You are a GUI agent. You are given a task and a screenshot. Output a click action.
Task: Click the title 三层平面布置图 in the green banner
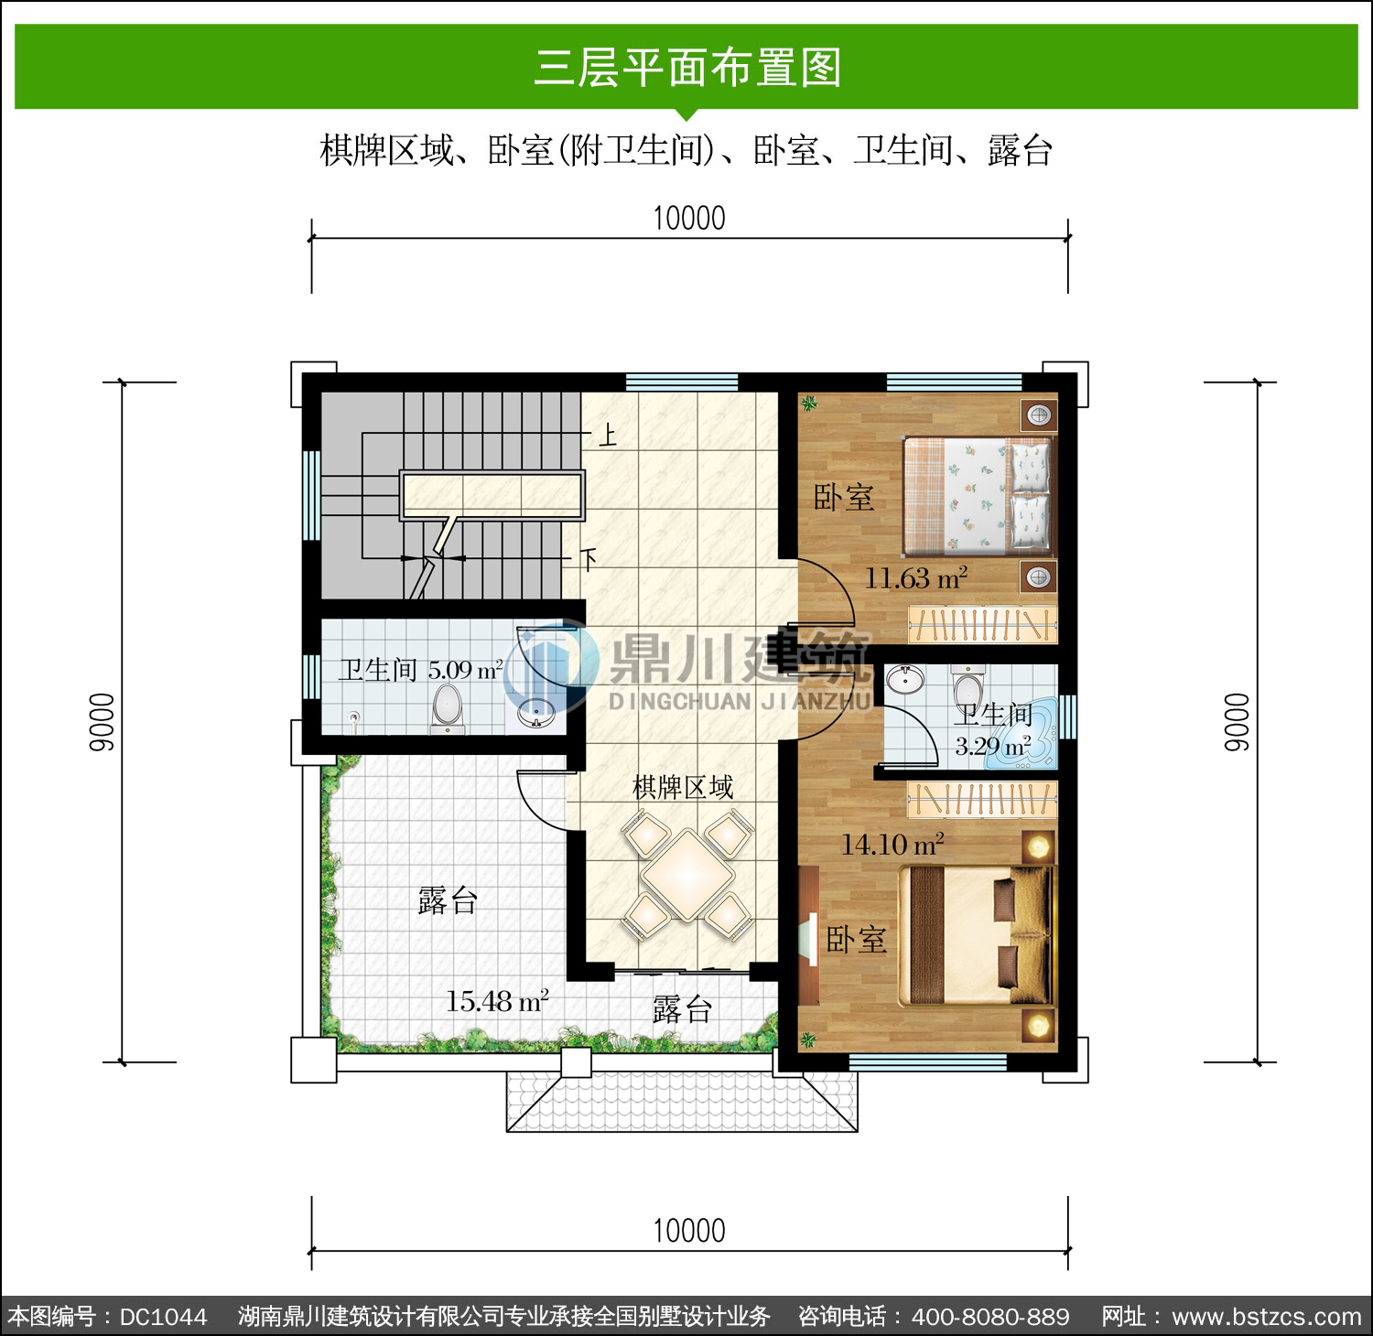tap(687, 68)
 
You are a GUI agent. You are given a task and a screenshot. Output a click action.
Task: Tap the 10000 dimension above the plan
tap(689, 219)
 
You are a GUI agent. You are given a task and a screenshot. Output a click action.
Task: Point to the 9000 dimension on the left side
tap(102, 722)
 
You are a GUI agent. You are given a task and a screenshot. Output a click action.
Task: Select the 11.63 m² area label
tap(916, 578)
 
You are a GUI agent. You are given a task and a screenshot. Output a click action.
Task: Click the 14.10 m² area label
tap(892, 845)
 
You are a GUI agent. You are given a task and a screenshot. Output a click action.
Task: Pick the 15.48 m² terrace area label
tap(497, 1001)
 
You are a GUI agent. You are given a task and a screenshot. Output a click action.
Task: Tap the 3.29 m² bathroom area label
tap(993, 746)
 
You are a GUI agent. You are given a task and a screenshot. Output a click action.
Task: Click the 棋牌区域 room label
tap(683, 787)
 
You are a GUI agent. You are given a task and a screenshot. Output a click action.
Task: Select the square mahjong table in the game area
tap(687, 874)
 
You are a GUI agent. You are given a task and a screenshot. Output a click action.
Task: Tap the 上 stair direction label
tap(608, 435)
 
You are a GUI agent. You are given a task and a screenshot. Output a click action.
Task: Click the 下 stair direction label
tap(589, 558)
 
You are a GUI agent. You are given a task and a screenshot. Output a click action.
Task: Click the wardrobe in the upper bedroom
tap(982, 624)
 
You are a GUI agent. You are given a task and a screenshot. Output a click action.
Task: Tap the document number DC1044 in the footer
tap(164, 1317)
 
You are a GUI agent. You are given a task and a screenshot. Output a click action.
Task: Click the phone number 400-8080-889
tap(990, 1317)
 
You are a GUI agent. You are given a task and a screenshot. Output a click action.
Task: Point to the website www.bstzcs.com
tap(1267, 1317)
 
